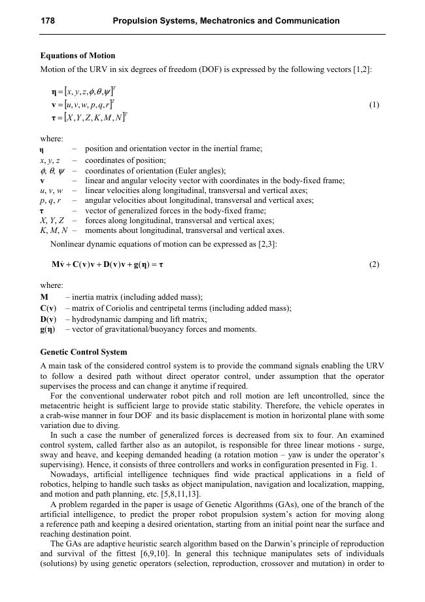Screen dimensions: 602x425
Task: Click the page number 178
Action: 48,21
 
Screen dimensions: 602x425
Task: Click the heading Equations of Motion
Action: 78,56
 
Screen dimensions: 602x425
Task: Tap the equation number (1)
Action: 374,105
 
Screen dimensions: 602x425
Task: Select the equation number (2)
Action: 374,265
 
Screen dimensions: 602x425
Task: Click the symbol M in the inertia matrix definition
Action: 44,298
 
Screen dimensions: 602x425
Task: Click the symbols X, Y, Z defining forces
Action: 52,221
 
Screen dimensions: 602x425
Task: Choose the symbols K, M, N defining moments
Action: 54,230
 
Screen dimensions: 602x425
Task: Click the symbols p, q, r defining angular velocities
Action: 50,201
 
